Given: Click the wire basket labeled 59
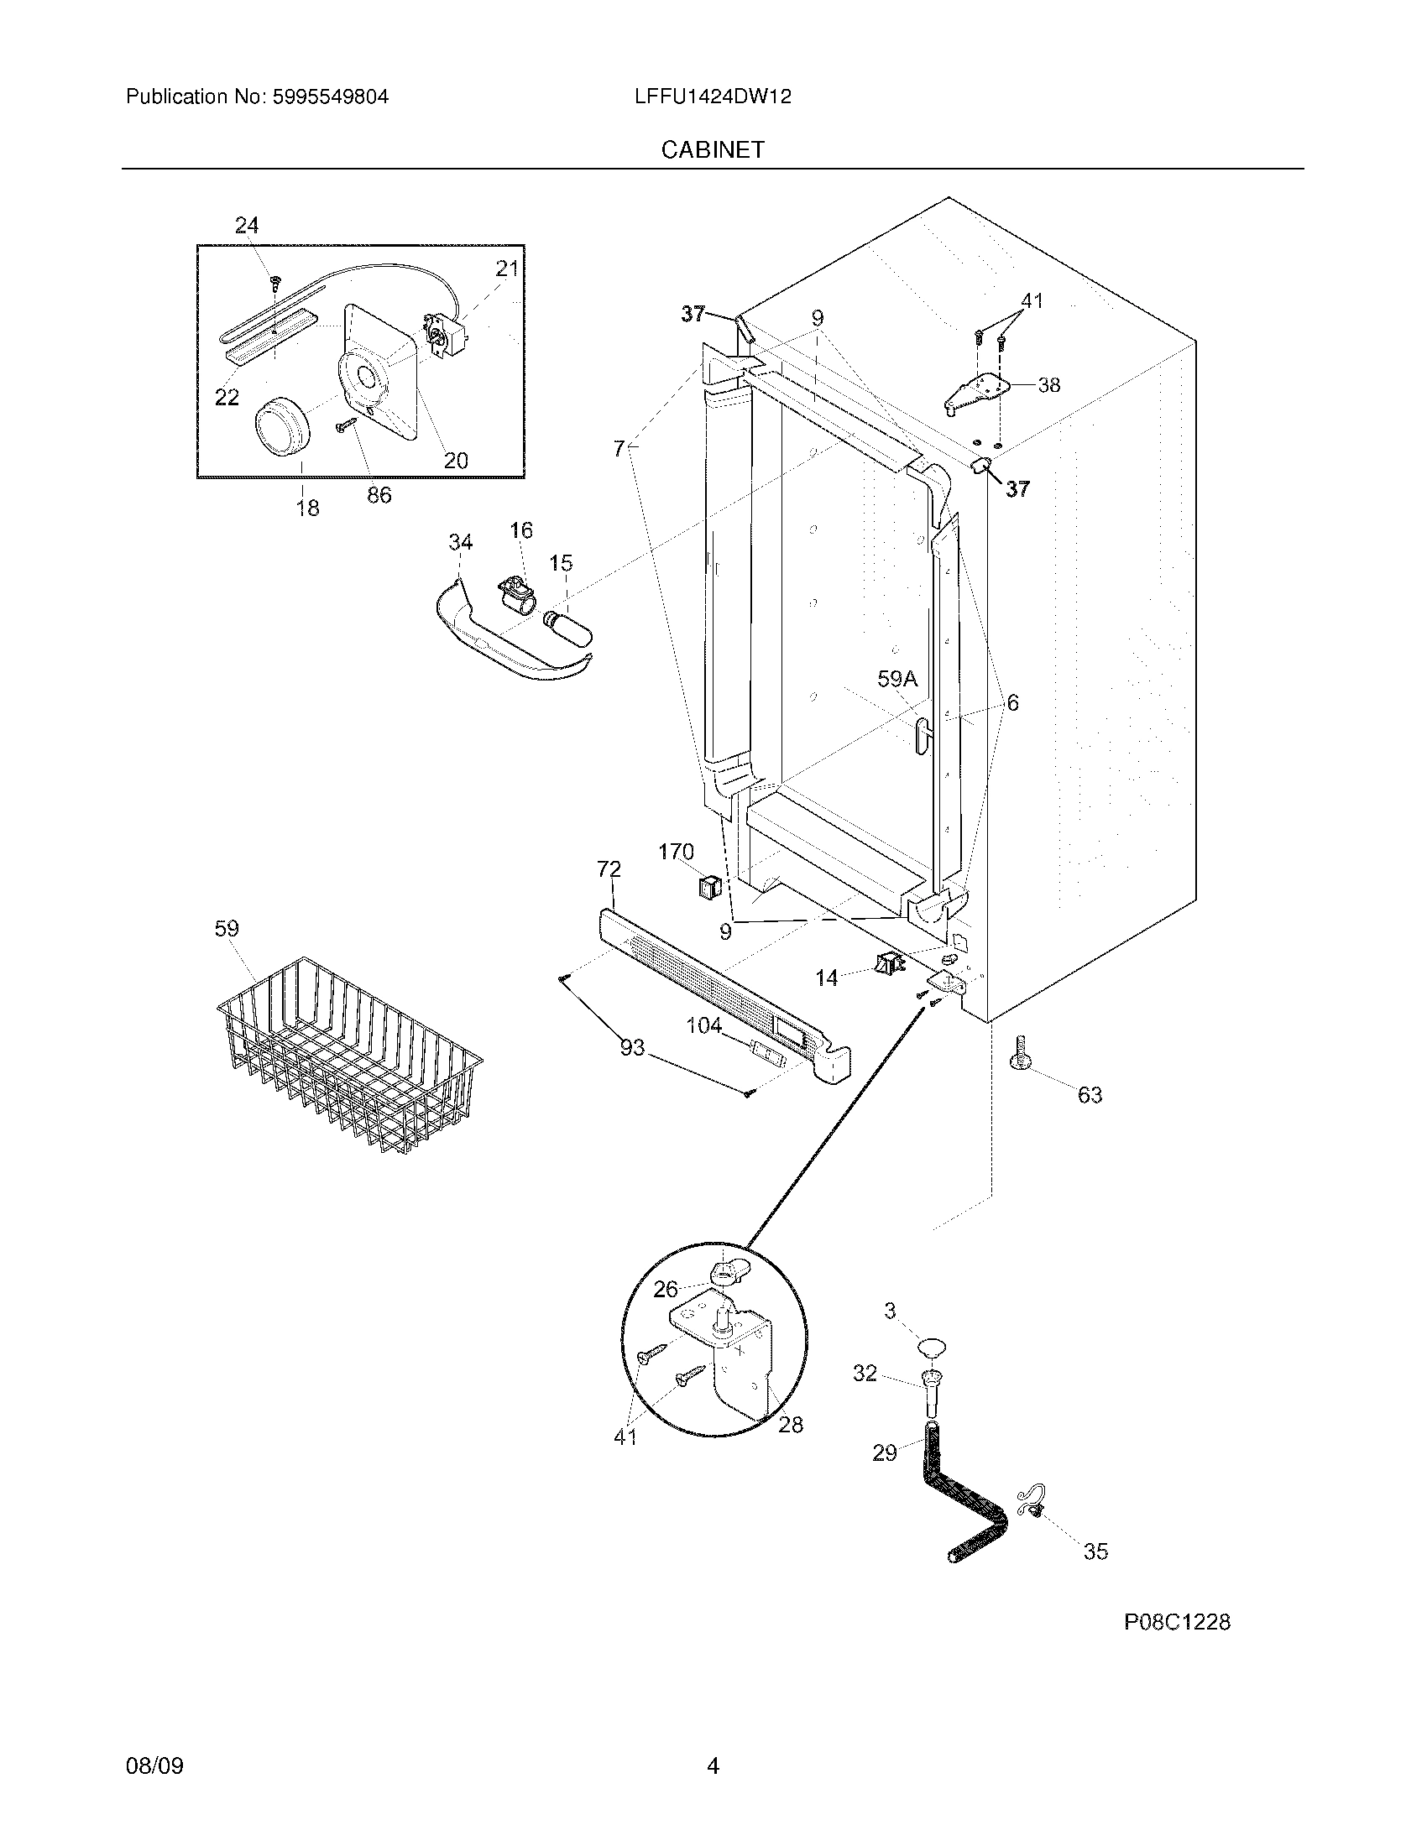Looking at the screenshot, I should (x=348, y=1056).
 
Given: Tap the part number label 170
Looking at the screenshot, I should (x=676, y=852).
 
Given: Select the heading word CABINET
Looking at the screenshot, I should (x=712, y=149).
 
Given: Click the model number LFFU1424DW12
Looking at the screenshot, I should (x=712, y=96).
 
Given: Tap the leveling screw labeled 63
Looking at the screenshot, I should (x=1020, y=1051).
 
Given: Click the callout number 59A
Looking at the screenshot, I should (x=896, y=679).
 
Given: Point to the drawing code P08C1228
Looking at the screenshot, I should (x=1177, y=1622).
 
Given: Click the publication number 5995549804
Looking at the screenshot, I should (x=330, y=96).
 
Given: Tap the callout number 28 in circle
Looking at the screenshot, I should (x=791, y=1425).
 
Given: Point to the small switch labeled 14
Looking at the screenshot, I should (x=886, y=962).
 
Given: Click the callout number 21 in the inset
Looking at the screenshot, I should (x=506, y=269).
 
